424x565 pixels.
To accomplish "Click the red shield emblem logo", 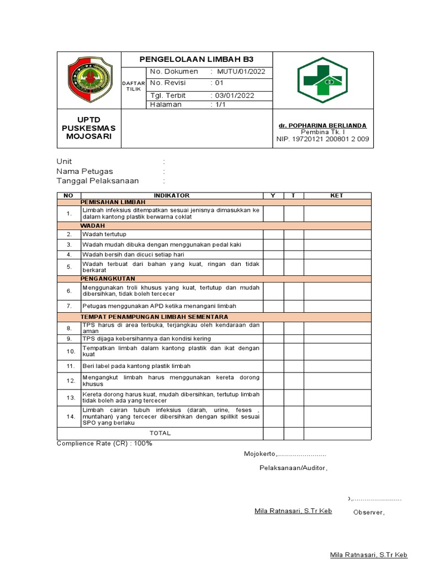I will click(89, 80).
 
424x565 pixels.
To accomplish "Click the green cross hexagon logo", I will click(322, 80).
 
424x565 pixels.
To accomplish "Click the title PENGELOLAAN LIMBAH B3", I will click(197, 60).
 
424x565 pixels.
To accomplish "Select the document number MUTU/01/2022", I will click(241, 72).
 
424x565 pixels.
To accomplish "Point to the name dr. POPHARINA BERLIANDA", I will click(322, 125).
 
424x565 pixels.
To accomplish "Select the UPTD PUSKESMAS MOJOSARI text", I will click(89, 128).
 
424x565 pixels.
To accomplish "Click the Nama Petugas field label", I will click(84, 171).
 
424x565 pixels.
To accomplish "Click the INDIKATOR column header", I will click(171, 195).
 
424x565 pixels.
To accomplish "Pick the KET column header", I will click(337, 195).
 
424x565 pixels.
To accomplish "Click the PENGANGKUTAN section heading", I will click(108, 279).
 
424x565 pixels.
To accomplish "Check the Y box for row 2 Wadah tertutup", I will click(273, 234).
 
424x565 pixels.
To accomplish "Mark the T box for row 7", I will click(294, 306).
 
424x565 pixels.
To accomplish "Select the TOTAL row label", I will click(160, 433).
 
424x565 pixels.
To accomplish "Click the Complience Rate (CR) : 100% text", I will click(104, 444).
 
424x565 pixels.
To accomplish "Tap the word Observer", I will click(368, 513).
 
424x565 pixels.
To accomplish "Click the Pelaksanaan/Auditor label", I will click(293, 468).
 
